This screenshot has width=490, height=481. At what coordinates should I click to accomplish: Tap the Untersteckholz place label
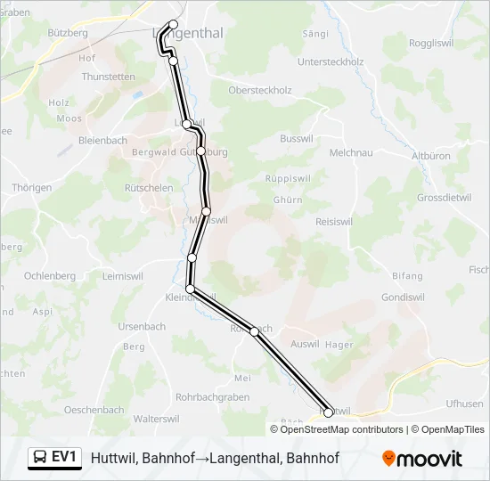[x=331, y=61]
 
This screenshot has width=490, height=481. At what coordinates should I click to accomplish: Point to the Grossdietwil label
[x=448, y=197]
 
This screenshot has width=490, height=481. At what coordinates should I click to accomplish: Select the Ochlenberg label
[x=50, y=276]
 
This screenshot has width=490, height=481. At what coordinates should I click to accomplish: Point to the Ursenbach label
[x=142, y=327]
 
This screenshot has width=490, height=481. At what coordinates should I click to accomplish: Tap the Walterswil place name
[x=157, y=419]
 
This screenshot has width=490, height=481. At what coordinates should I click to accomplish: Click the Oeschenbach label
[x=94, y=410]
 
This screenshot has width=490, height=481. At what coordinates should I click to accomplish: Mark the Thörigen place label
[x=32, y=188]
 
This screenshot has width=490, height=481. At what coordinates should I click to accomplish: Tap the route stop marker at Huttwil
[x=328, y=412]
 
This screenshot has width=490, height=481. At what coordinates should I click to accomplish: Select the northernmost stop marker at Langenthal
[x=173, y=25]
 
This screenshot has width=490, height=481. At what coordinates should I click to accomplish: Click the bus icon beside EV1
[x=40, y=458]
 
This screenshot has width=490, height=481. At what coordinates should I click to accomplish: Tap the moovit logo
[x=422, y=459]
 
